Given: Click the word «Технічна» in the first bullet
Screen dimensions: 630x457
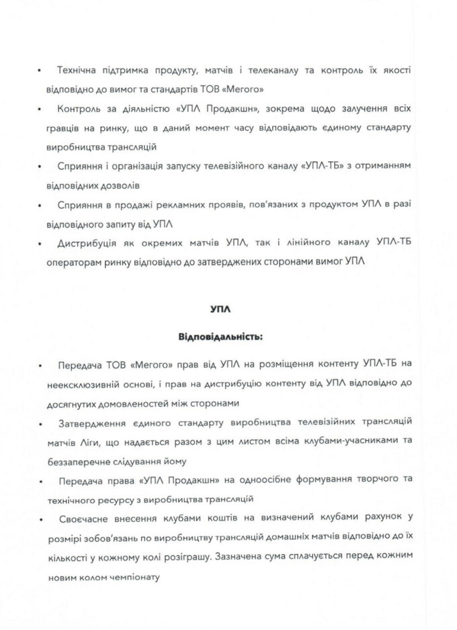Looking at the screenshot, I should click(79, 70).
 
